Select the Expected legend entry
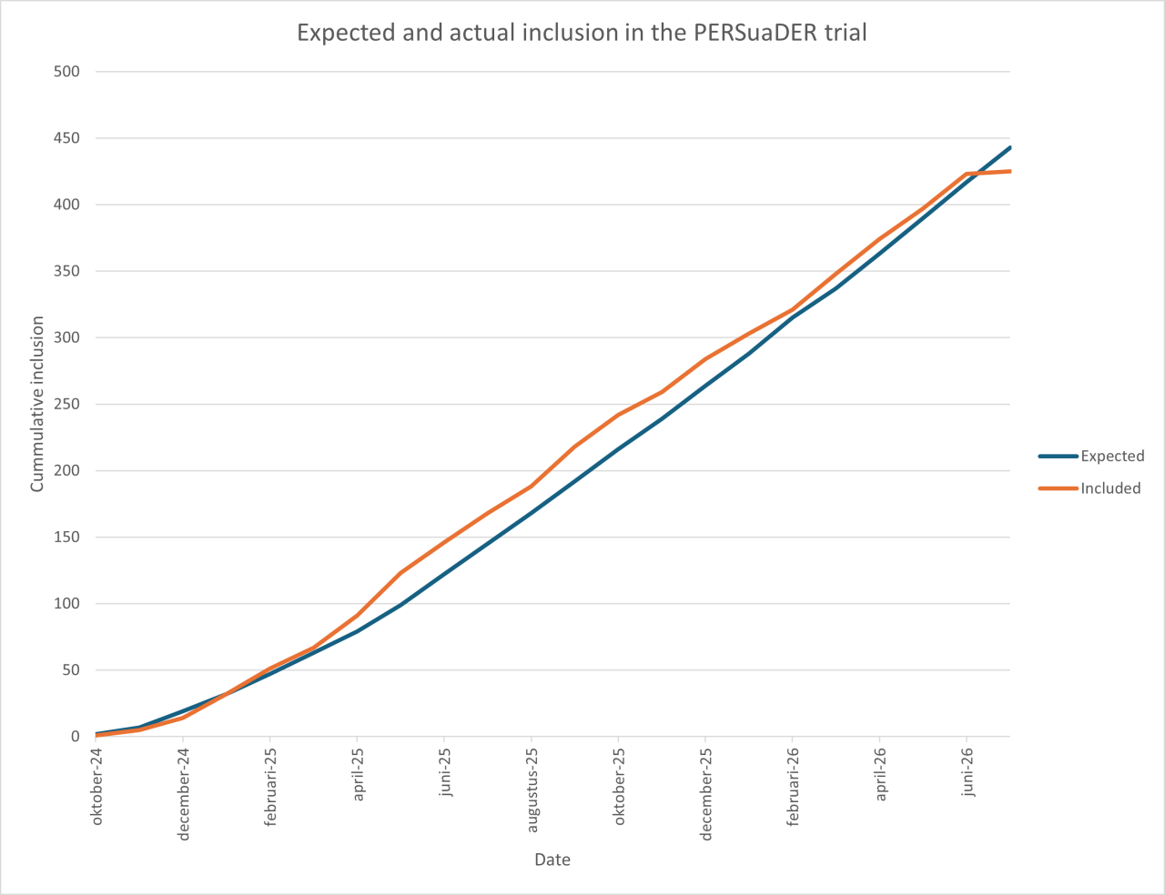1091,456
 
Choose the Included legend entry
1089,488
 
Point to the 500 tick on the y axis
66,71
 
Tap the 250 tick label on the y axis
66,404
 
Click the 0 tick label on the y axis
75,737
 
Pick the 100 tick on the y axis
66,604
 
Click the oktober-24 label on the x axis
96,787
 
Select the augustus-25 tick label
532,790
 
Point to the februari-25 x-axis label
270,788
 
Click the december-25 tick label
705,794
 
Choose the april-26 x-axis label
880,775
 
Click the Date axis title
552,860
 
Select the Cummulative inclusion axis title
37,404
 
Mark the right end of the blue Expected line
1010,147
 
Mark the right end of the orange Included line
1010,171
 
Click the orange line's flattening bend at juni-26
967,174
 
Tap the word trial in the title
846,33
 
